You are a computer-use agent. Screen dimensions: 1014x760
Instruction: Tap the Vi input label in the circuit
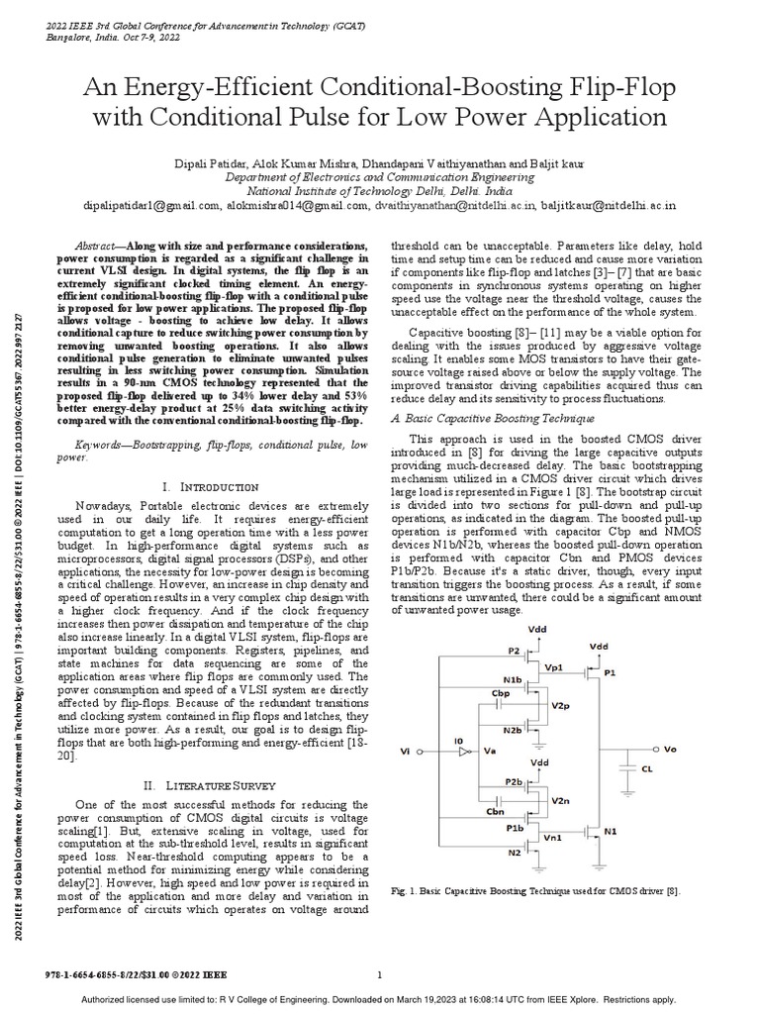403,753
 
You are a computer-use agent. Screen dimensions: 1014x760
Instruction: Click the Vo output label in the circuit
669,750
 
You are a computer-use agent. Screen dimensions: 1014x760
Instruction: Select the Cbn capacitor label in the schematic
497,811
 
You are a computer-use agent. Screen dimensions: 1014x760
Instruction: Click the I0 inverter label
456,739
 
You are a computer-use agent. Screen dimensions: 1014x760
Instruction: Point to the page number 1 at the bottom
380,974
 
